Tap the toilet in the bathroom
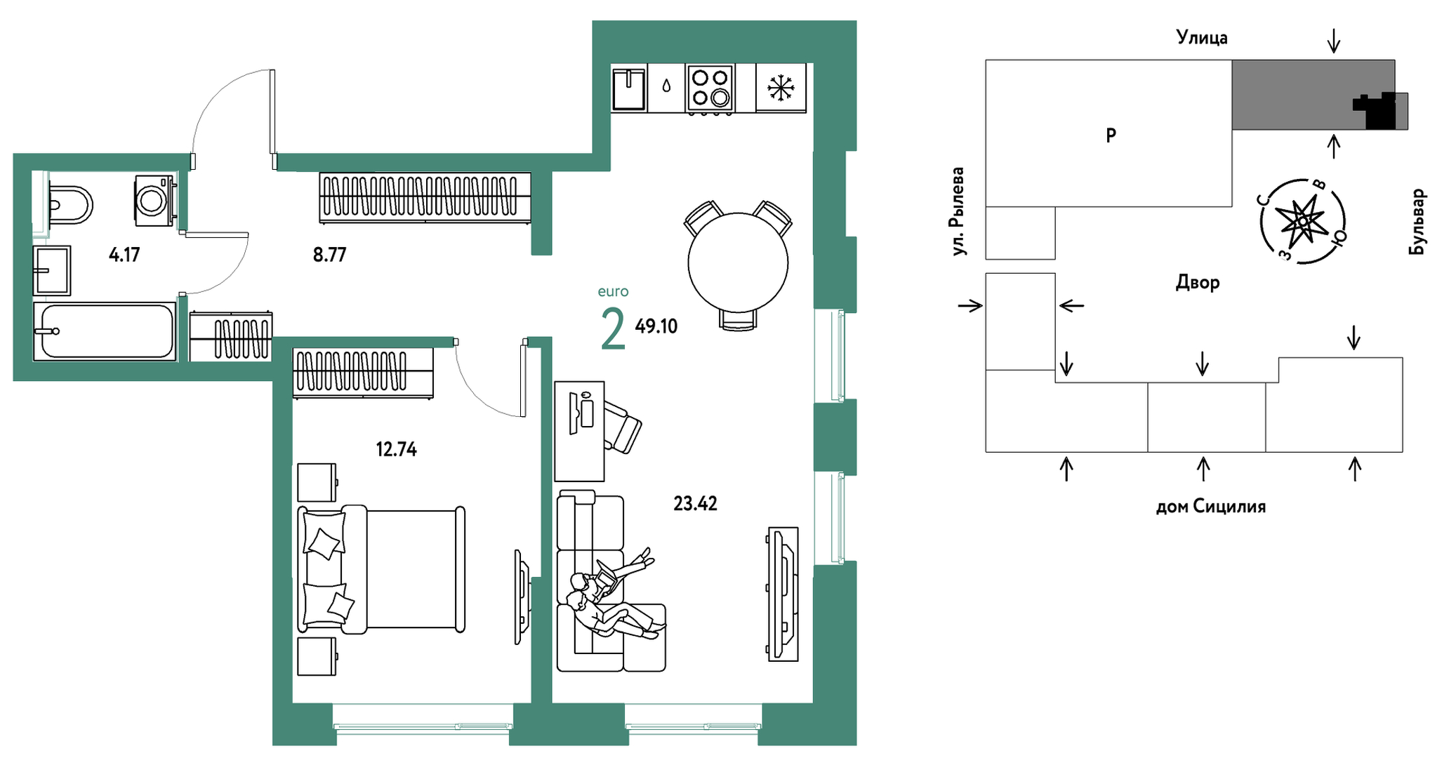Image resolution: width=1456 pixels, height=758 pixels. pyautogui.click(x=70, y=204)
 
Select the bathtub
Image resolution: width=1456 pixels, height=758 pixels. pyautogui.click(x=105, y=331)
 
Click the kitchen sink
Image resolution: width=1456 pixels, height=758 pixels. pyautogui.click(x=628, y=88)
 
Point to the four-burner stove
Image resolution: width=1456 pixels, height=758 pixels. pyautogui.click(x=710, y=88)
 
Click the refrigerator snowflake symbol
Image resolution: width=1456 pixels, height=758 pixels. pyautogui.click(x=780, y=88)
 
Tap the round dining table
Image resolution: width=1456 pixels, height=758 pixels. pyautogui.click(x=738, y=262)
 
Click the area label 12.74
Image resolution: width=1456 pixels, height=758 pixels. pyautogui.click(x=397, y=449)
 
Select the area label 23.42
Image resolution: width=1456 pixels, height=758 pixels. pyautogui.click(x=695, y=503)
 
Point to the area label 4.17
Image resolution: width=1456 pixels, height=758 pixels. pyautogui.click(x=124, y=254)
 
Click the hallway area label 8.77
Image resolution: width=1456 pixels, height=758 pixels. pyautogui.click(x=329, y=254)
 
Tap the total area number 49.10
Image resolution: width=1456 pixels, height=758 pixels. pyautogui.click(x=656, y=326)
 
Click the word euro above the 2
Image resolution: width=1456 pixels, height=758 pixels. pyautogui.click(x=613, y=291)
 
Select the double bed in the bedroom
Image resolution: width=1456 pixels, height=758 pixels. pyautogui.click(x=381, y=570)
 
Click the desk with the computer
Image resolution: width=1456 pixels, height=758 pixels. pyautogui.click(x=579, y=431)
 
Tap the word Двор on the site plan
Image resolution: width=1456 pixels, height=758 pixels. pyautogui.click(x=1198, y=283)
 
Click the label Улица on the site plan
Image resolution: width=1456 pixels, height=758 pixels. pyautogui.click(x=1202, y=37)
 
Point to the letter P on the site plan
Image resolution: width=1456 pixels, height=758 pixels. pyautogui.click(x=1111, y=135)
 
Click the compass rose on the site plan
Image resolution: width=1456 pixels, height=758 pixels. pyautogui.click(x=1303, y=221)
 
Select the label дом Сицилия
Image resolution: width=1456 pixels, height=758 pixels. pyautogui.click(x=1211, y=506)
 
